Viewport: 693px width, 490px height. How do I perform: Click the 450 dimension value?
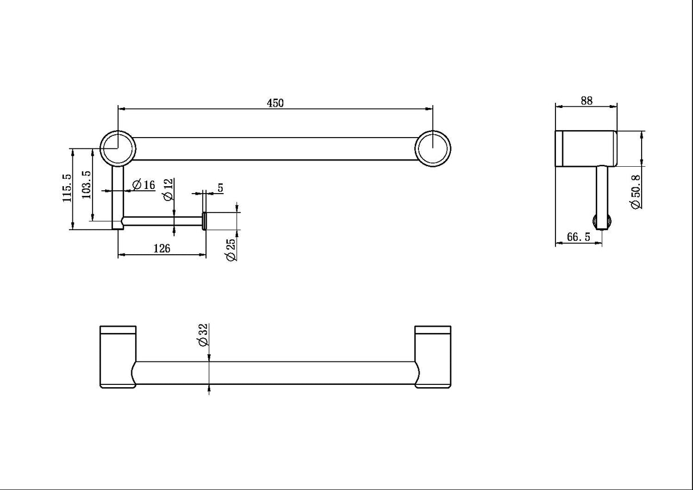(x=275, y=103)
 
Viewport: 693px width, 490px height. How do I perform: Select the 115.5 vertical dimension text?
(x=67, y=188)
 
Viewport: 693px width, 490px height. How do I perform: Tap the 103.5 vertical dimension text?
(x=86, y=184)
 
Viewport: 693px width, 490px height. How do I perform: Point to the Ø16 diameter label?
(x=143, y=185)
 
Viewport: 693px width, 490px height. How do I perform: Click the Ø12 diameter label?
(x=168, y=189)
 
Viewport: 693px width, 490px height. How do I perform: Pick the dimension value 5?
(x=220, y=187)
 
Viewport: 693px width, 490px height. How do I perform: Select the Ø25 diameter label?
(x=231, y=250)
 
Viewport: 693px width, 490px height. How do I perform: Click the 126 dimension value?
(x=161, y=248)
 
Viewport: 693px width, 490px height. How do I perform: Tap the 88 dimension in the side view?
(x=586, y=101)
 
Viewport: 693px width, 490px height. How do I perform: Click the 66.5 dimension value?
(x=579, y=238)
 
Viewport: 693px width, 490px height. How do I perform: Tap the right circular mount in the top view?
(x=433, y=148)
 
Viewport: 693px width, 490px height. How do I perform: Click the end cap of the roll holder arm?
(x=204, y=220)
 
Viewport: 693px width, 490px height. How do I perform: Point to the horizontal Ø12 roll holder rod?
(x=163, y=220)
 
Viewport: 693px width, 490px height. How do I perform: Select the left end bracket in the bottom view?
(x=118, y=357)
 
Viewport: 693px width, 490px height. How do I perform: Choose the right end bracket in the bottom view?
(x=433, y=357)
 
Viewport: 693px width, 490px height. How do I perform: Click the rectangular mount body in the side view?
(x=586, y=148)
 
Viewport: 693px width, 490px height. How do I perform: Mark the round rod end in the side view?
(x=603, y=222)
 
